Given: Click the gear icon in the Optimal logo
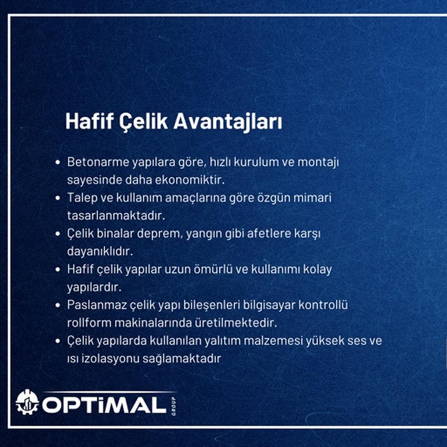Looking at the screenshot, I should coord(27,402).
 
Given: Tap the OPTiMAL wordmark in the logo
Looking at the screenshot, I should coord(103,405).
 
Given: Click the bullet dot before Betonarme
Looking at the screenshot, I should coord(58,162).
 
